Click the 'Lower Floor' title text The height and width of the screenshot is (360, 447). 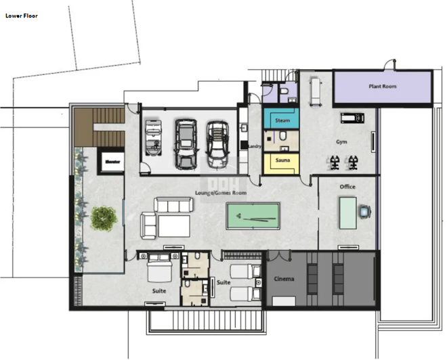[22, 15]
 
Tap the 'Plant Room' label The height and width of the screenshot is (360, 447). [383, 87]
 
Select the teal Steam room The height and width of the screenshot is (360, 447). [282, 120]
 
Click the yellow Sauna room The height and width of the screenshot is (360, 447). [282, 162]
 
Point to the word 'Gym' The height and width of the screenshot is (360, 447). [342, 142]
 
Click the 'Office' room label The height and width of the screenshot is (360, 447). [347, 187]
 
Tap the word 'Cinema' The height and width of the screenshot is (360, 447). [284, 279]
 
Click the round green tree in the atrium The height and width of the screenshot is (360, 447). [103, 217]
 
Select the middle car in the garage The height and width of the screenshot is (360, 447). [185, 143]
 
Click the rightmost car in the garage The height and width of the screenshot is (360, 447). [217, 143]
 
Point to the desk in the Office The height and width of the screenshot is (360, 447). [348, 213]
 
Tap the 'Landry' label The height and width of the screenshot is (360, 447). [255, 147]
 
